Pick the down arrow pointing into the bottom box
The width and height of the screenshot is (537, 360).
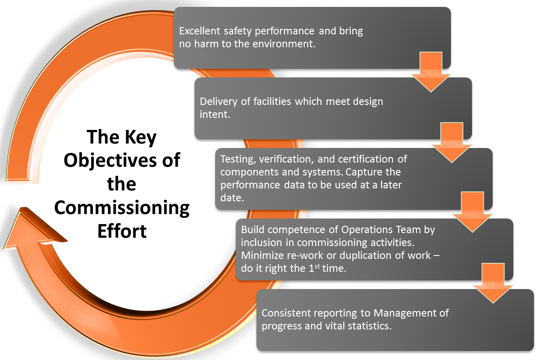click(x=493, y=284)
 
